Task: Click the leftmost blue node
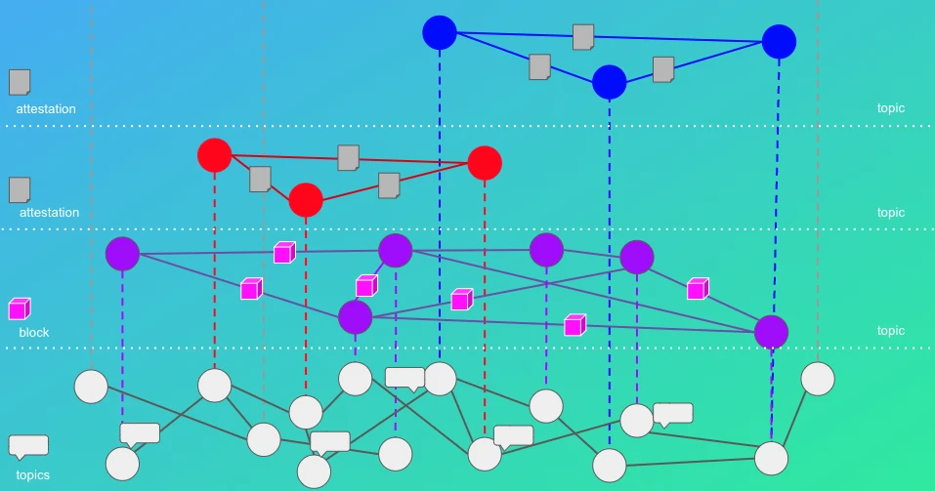tap(440, 32)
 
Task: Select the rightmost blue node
tap(779, 42)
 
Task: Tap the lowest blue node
tap(609, 82)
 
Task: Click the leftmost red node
tap(215, 155)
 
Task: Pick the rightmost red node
tap(485, 163)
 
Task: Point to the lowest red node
tap(306, 199)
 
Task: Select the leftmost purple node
tap(122, 254)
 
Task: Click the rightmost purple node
tap(771, 332)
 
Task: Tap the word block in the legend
tap(34, 333)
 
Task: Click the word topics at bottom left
tap(33, 475)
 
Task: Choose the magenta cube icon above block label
tap(20, 309)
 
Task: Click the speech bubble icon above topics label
tap(28, 447)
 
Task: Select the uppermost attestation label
tap(46, 109)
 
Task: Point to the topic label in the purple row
tap(891, 331)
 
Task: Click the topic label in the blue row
tap(891, 107)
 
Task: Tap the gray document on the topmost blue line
tap(583, 37)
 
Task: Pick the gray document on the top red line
tap(348, 158)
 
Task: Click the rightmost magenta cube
tap(698, 289)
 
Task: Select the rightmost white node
tap(818, 379)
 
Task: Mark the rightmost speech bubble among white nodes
tap(673, 415)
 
